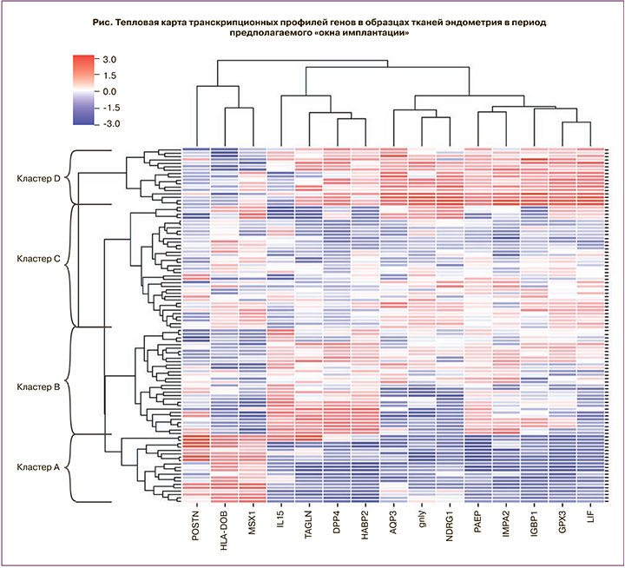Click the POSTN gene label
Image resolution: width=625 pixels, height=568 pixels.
point(197,525)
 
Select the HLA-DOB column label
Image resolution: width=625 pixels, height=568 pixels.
point(226,530)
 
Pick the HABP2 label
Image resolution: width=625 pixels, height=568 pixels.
point(366,525)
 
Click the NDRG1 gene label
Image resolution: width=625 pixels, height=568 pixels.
point(451,525)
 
